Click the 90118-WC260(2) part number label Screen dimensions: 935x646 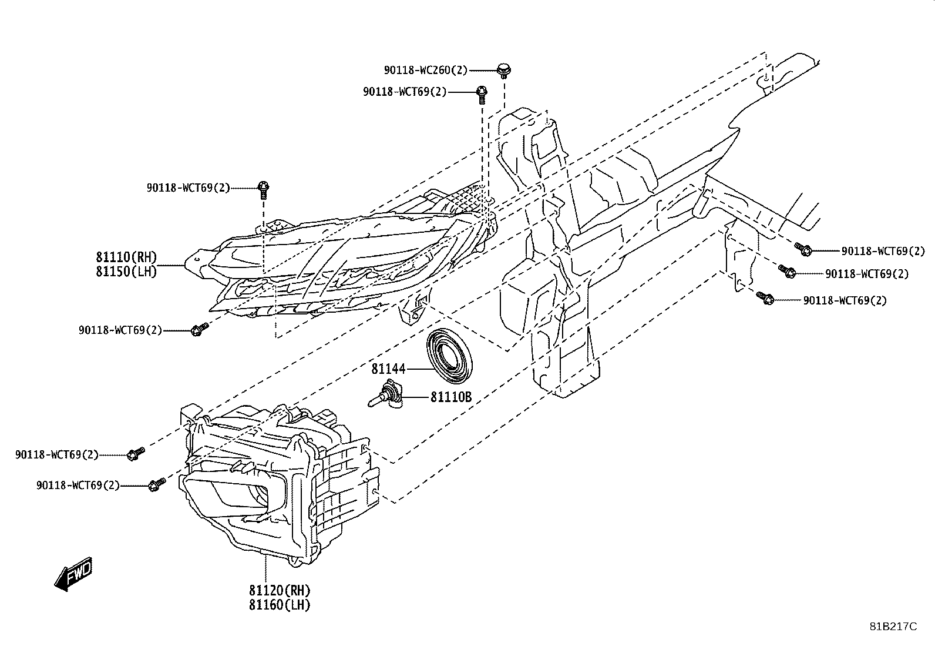426,70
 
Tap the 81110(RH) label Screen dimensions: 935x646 126,256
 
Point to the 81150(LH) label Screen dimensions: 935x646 126,272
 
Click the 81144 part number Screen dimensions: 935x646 388,369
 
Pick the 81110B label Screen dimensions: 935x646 451,397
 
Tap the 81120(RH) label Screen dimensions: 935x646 280,590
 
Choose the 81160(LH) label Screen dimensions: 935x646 280,605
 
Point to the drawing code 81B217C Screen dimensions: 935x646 893,627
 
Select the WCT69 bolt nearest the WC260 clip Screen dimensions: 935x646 482,95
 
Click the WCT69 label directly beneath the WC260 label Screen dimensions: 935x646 405,92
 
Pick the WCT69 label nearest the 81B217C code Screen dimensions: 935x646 845,300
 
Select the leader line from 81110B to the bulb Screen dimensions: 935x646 416,397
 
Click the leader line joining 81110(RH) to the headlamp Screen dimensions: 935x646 171,265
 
